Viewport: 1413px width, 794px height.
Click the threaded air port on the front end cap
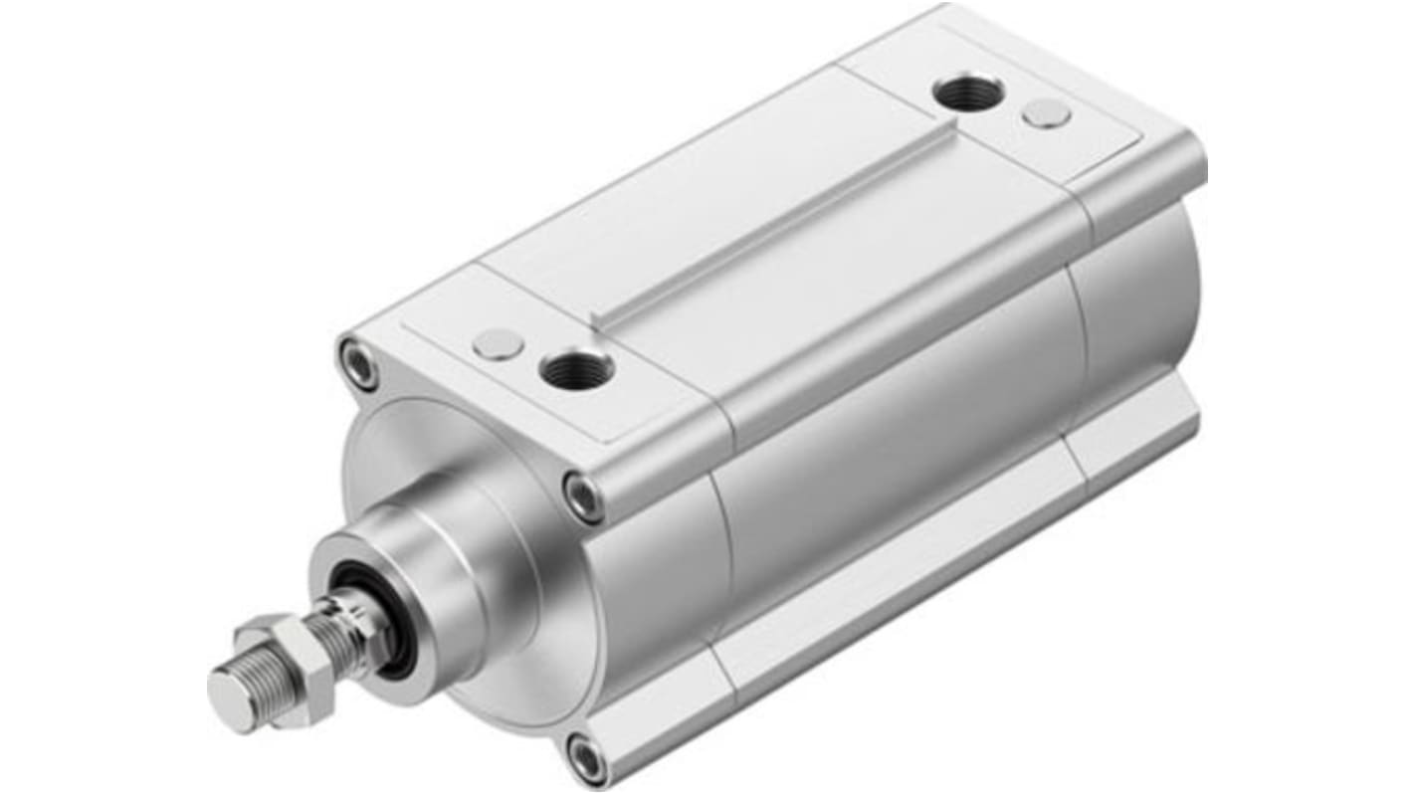(x=576, y=369)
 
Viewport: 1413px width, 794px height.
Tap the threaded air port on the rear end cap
(x=968, y=93)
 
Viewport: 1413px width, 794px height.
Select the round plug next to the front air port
(x=499, y=344)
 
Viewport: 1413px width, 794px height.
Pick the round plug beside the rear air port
(x=1047, y=114)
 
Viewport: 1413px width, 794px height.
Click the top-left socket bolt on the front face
(x=359, y=363)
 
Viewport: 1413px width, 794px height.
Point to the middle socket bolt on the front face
(x=582, y=495)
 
